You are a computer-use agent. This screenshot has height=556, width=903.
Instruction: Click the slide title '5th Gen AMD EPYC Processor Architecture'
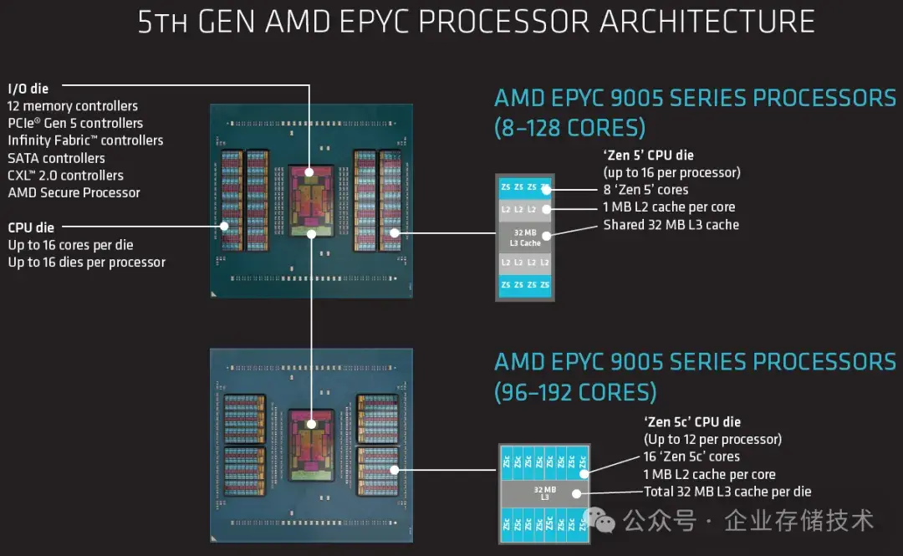pos(476,22)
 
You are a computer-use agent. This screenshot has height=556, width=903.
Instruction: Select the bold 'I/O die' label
pos(28,89)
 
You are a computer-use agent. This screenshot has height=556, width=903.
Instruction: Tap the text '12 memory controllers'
pos(73,106)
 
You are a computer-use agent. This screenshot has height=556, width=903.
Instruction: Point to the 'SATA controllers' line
pos(56,158)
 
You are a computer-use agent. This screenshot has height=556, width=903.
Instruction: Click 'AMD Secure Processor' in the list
pos(74,192)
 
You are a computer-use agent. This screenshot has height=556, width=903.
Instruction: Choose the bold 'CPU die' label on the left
pos(31,227)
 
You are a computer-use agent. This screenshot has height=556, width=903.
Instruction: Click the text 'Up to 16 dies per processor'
pos(86,263)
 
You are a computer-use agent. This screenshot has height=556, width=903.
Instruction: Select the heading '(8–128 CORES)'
pos(569,128)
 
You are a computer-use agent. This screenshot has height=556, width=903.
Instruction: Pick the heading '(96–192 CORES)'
pos(575,391)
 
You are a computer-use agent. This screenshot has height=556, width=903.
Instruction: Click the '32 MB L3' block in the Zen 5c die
pos(544,493)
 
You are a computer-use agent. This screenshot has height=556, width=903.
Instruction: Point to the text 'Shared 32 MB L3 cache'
pos(671,225)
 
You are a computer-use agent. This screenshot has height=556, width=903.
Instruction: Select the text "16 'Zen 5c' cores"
pos(691,457)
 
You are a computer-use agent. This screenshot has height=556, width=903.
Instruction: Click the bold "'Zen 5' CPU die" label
pos(648,156)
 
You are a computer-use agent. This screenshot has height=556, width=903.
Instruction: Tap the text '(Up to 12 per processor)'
pos(712,439)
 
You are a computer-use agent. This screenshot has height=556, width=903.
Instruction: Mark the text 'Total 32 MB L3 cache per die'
pos(727,492)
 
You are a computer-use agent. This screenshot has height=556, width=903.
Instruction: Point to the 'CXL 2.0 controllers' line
pos(65,176)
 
